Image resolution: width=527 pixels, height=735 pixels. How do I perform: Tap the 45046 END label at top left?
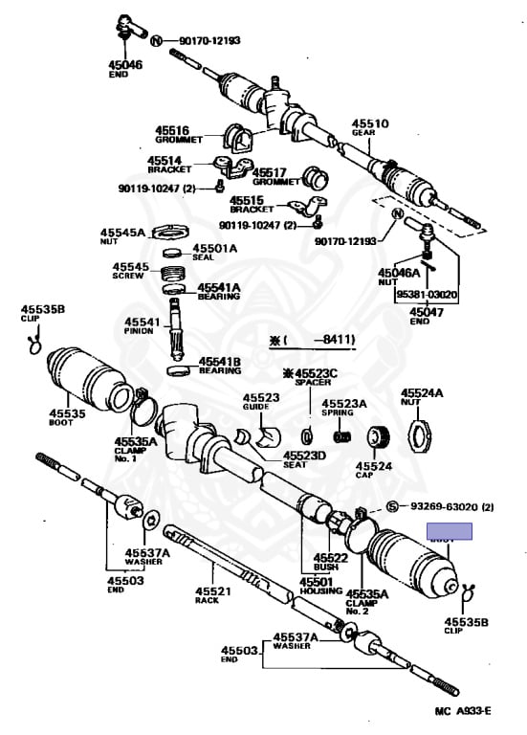coord(124,68)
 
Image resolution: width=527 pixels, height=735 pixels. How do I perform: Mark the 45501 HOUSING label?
coord(316,586)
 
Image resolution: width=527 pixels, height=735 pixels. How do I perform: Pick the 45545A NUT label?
coord(122,236)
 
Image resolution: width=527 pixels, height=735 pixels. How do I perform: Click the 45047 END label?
coord(421,316)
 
